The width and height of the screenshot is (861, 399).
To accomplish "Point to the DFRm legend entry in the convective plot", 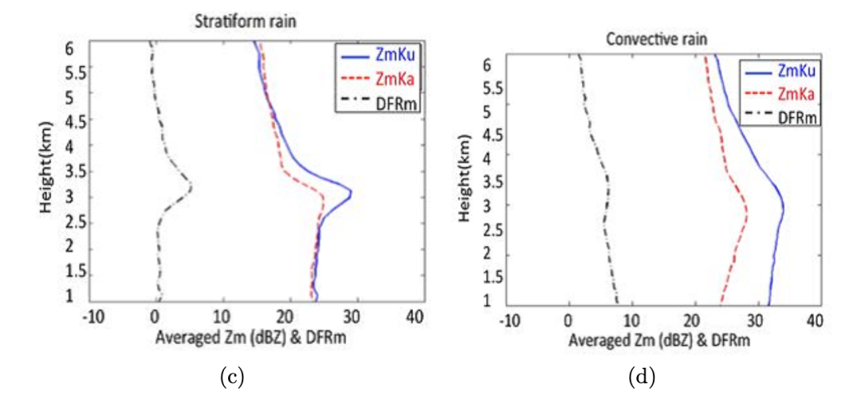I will [x=797, y=117].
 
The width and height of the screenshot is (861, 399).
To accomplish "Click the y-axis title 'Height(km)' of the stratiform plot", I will [x=47, y=172].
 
